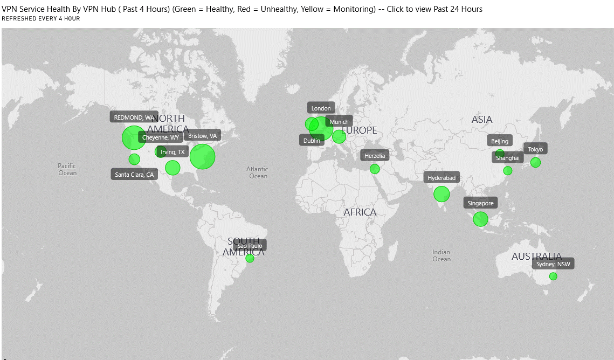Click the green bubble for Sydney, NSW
coord(553,276)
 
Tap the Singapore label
coord(480,203)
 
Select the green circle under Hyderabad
coord(441,194)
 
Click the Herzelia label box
coord(375,156)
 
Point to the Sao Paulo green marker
coord(250,258)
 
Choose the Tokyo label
coord(535,149)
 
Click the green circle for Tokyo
coord(535,162)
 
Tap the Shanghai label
coord(508,158)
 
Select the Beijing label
coord(500,141)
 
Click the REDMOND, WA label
coord(134,117)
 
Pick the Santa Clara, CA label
coord(134,175)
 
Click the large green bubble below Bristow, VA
coord(203,156)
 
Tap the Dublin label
coord(312,141)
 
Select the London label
coord(321,108)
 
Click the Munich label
coord(339,122)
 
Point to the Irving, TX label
coord(173,152)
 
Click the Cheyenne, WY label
coord(160,137)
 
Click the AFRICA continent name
coord(360,212)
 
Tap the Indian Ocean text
coord(441,255)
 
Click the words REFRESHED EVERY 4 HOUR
coord(41,19)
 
